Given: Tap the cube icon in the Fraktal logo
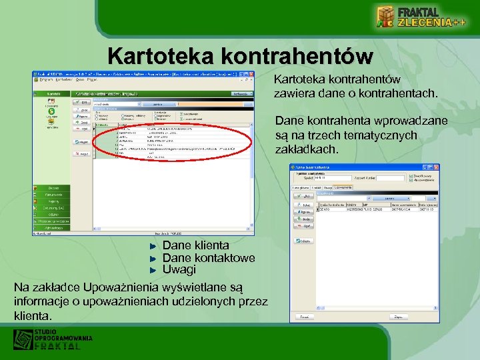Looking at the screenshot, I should point(386,18).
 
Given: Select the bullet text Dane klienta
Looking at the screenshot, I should point(195,245).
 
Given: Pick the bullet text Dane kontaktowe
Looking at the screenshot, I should point(209,257).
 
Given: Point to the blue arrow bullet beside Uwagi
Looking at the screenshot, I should point(153,270).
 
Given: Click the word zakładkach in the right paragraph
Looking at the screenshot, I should point(307,149).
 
